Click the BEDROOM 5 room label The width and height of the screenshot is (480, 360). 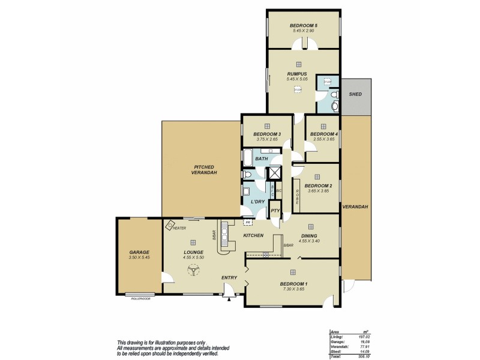coord(303,25)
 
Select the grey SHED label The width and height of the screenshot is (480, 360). coord(355,94)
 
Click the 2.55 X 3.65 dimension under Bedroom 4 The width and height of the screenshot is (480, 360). coord(323,139)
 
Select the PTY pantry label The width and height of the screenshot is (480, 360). coord(275,211)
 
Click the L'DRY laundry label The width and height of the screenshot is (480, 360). coord(258,201)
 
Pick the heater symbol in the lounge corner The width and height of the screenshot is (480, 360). coord(170,226)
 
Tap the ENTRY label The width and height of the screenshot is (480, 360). coord(229,277)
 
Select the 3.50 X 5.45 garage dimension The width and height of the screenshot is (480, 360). coord(139,257)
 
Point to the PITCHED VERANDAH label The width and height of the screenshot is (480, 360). coord(205,170)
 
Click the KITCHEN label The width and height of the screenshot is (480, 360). coord(253,235)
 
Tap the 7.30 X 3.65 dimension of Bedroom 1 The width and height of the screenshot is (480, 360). coord(293,289)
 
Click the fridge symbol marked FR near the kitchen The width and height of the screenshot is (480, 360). coord(247,222)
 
